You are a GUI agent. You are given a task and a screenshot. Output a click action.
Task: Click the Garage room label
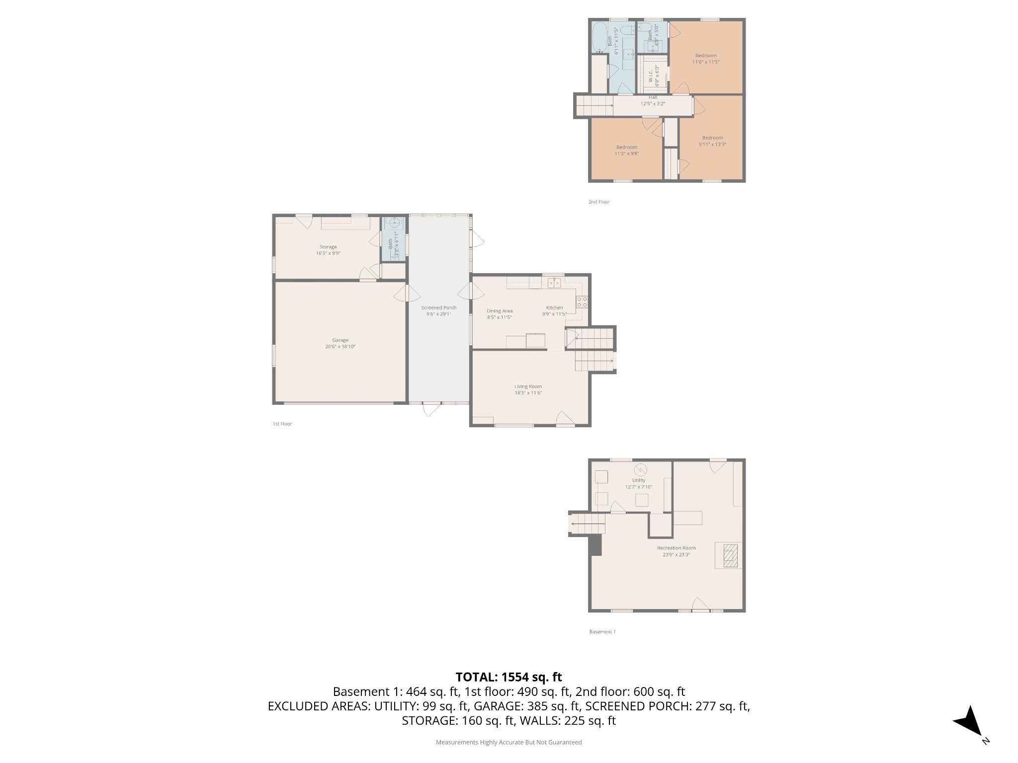[340, 340]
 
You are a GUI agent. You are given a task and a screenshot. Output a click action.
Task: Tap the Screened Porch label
[438, 307]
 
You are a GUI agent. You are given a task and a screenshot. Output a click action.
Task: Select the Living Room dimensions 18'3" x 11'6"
[528, 393]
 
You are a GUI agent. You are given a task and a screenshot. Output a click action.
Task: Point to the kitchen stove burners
[582, 302]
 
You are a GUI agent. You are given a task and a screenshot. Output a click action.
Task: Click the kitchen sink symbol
[554, 283]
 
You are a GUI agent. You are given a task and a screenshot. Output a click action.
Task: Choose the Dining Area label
[499, 311]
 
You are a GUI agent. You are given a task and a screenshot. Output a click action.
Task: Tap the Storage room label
[328, 247]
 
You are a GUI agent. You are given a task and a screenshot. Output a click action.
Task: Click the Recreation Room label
[676, 548]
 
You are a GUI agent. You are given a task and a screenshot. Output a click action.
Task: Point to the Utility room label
[639, 480]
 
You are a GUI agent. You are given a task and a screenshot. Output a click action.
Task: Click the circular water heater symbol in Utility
[640, 469]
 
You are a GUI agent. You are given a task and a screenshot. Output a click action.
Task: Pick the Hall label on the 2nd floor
[653, 97]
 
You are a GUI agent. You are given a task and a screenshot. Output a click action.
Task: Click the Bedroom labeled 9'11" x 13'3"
[712, 138]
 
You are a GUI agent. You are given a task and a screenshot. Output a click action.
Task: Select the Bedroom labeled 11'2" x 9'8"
[626, 147]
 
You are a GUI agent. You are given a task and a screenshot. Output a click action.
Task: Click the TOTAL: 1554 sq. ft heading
[509, 677]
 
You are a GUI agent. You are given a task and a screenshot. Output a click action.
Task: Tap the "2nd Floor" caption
[598, 202]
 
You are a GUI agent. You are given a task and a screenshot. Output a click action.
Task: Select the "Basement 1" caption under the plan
[602, 632]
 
